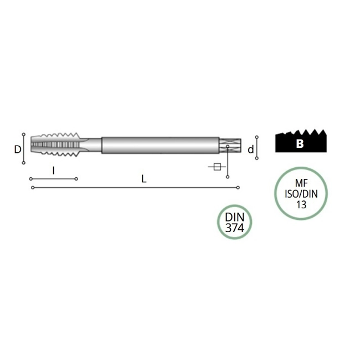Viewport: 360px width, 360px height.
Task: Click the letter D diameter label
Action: [18, 150]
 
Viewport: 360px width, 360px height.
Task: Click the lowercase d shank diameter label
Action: [251, 150]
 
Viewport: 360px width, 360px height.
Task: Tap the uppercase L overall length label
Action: [144, 179]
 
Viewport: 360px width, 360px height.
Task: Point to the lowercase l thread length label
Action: [54, 171]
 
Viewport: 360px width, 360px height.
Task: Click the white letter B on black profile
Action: [300, 144]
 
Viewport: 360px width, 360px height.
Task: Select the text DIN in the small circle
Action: [235, 217]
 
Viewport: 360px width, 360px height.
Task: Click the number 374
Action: [234, 228]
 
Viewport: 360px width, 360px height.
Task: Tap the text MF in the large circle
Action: [301, 183]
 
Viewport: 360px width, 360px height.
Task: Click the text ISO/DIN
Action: [301, 194]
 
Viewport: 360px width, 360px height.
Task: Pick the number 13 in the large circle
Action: [301, 204]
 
